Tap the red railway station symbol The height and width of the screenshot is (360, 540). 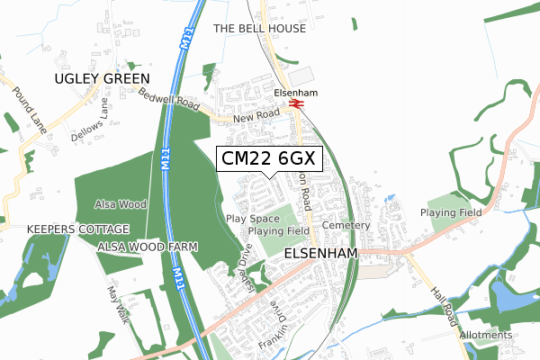tap(296, 104)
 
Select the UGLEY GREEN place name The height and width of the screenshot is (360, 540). tap(102, 79)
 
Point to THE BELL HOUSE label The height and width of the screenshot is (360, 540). tap(259, 29)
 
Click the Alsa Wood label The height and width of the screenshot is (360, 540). tap(121, 204)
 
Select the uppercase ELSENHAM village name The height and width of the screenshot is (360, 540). tap(320, 255)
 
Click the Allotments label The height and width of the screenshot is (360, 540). tap(486, 335)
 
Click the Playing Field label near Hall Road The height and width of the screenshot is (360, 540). tap(452, 212)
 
